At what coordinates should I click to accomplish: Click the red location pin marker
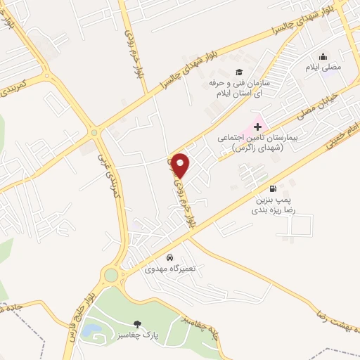click(181, 165)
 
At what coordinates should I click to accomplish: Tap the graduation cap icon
click(238, 72)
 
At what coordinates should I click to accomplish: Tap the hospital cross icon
click(258, 127)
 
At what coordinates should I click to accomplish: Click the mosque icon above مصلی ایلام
click(323, 57)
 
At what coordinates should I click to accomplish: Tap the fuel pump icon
click(273, 188)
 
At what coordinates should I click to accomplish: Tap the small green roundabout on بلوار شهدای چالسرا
click(94, 131)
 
